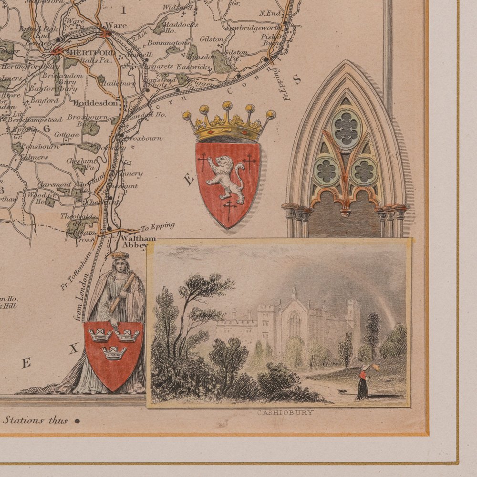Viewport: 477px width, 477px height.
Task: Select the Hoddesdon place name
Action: tap(96, 102)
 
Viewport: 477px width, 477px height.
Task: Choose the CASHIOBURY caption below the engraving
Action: tap(285, 413)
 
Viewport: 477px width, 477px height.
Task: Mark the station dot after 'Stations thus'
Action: tap(76, 421)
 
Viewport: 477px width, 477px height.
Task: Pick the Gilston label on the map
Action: tap(212, 39)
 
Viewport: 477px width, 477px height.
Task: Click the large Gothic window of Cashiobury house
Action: tap(294, 323)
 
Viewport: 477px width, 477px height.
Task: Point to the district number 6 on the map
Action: tap(46, 128)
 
